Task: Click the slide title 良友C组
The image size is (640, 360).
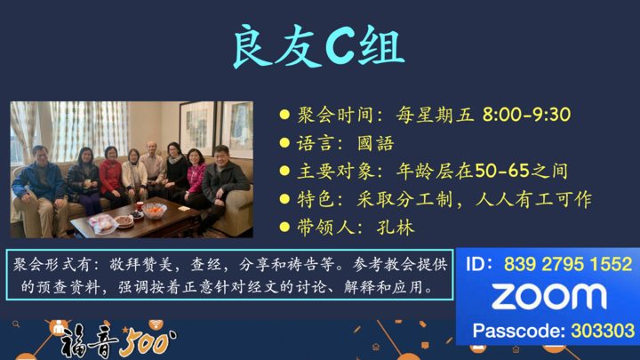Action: click(x=319, y=45)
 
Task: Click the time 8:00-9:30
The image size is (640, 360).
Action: click(x=526, y=115)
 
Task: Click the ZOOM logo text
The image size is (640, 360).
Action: click(x=548, y=297)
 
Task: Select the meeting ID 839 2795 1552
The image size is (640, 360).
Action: click(x=568, y=264)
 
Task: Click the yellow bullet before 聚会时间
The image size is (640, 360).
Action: click(x=284, y=115)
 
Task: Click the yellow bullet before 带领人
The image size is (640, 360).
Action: click(x=284, y=227)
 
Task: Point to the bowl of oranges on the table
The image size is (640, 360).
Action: click(x=155, y=211)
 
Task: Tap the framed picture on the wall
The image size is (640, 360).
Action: click(x=196, y=126)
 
